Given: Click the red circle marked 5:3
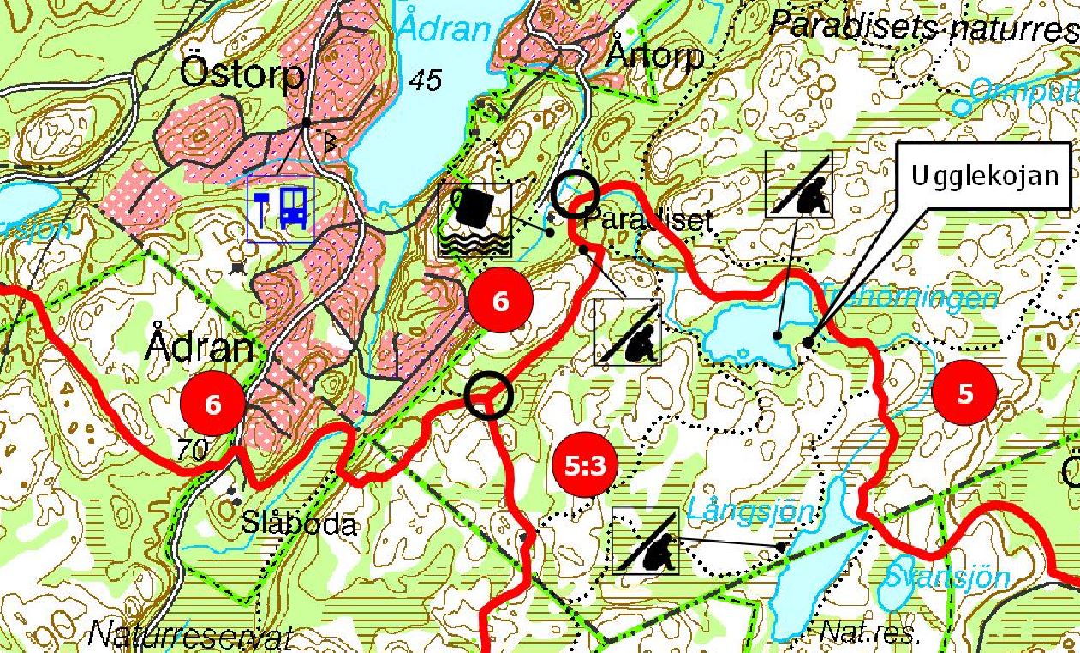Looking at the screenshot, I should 586,466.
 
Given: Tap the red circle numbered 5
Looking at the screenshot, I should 965,394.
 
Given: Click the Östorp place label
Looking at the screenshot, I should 242,75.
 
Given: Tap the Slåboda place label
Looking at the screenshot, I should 299,523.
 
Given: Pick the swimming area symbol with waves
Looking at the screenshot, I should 474,220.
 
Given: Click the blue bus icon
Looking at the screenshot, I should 295,207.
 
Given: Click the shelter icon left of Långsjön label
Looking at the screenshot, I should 647,540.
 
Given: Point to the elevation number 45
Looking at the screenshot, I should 425,81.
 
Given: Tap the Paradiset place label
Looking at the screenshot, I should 647,220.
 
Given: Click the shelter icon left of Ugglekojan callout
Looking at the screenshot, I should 798,183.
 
